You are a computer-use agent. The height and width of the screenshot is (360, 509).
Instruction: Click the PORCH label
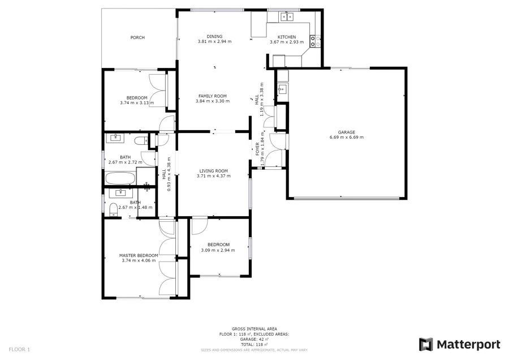pos(137,37)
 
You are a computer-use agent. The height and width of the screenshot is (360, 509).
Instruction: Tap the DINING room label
pos(214,37)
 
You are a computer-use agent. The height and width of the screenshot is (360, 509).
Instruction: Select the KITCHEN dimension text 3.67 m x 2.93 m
pos(286,42)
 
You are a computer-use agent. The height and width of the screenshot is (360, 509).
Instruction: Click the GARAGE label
pos(347,132)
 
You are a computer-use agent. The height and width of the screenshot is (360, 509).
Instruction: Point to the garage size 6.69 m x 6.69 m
pos(347,137)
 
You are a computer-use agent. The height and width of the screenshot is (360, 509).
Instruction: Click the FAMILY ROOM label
pos(212,96)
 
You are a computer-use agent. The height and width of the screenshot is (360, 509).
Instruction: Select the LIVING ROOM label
pos(213,171)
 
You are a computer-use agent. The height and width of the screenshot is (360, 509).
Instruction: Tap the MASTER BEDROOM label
pos(139,255)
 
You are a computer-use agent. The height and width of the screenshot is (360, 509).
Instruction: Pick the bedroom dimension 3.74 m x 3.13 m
pos(137,102)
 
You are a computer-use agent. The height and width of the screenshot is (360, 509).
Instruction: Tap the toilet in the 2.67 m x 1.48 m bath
pos(113,209)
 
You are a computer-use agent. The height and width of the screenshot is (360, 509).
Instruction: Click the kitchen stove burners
pos(315,41)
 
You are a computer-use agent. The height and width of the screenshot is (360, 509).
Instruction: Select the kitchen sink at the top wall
pos(287,17)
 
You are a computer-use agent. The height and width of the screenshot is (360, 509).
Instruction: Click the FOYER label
pos(257,149)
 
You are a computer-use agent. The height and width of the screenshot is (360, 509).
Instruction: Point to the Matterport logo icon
pos(426,344)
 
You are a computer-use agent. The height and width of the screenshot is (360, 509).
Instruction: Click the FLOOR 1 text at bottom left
pos(20,349)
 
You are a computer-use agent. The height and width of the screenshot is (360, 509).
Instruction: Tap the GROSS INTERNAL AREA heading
pos(254,329)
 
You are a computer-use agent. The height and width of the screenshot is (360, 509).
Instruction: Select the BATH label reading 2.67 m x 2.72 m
pos(126,157)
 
